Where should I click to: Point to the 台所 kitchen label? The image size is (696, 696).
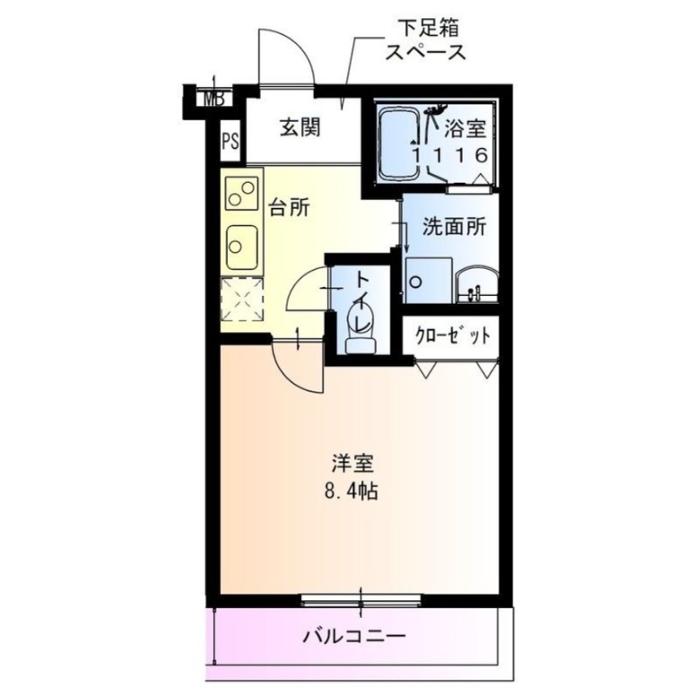tap(287, 209)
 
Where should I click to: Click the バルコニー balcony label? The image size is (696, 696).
tap(355, 636)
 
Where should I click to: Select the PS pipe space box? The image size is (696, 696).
tap(230, 141)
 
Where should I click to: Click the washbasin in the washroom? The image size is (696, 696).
tap(475, 283)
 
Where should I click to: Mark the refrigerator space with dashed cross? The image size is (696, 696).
tap(241, 299)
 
